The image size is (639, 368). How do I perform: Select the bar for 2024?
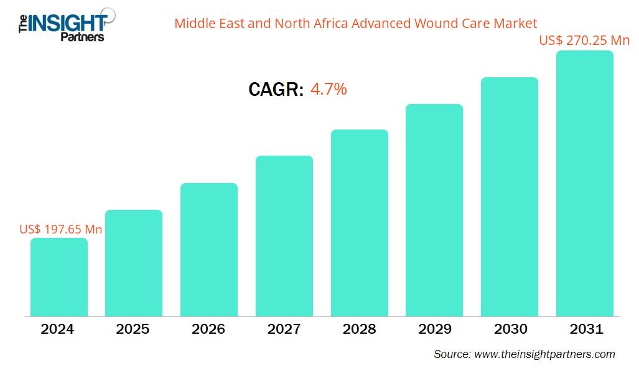[59, 277]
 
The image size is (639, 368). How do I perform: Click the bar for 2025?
[134, 263]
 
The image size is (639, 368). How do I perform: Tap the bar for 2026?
[209, 250]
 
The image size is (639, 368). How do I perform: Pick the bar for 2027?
[284, 236]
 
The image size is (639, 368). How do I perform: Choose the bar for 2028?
[359, 223]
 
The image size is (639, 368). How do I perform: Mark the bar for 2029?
[434, 210]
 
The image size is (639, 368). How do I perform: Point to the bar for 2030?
[510, 197]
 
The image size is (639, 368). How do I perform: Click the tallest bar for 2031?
[584, 184]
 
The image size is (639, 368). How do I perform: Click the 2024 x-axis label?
[57, 329]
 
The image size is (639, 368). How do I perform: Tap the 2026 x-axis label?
[208, 329]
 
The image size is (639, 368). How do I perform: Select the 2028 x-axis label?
[359, 329]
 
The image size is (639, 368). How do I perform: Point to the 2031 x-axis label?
[585, 329]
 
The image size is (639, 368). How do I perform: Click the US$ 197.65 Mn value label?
[61, 229]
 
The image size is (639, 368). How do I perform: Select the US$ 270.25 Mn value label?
[584, 40]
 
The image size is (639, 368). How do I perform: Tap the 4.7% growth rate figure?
[329, 89]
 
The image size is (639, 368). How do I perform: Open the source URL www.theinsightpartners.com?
[544, 354]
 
